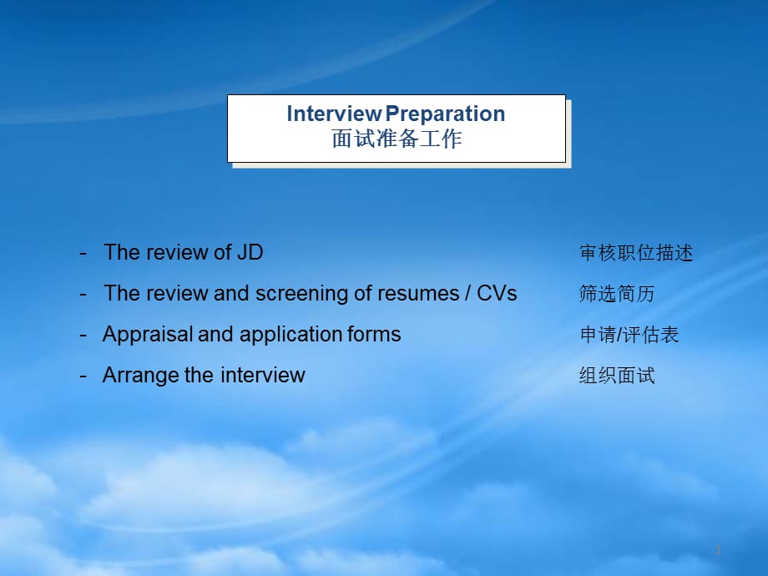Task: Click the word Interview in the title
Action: [x=334, y=114]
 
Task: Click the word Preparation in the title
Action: [x=445, y=114]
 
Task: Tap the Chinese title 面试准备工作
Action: [x=397, y=139]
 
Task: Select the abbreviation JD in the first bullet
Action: [x=250, y=252]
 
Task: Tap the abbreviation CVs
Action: [x=497, y=293]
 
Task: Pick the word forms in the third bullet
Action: [x=374, y=334]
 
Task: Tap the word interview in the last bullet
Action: [x=262, y=375]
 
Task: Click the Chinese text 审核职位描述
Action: [x=636, y=253]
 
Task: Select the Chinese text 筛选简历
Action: [x=617, y=294]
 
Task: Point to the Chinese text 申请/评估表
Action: [x=629, y=335]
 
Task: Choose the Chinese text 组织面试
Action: [x=617, y=376]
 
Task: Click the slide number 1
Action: [x=718, y=550]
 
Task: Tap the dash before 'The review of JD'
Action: [x=83, y=254]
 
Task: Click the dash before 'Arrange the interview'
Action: [x=83, y=376]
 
